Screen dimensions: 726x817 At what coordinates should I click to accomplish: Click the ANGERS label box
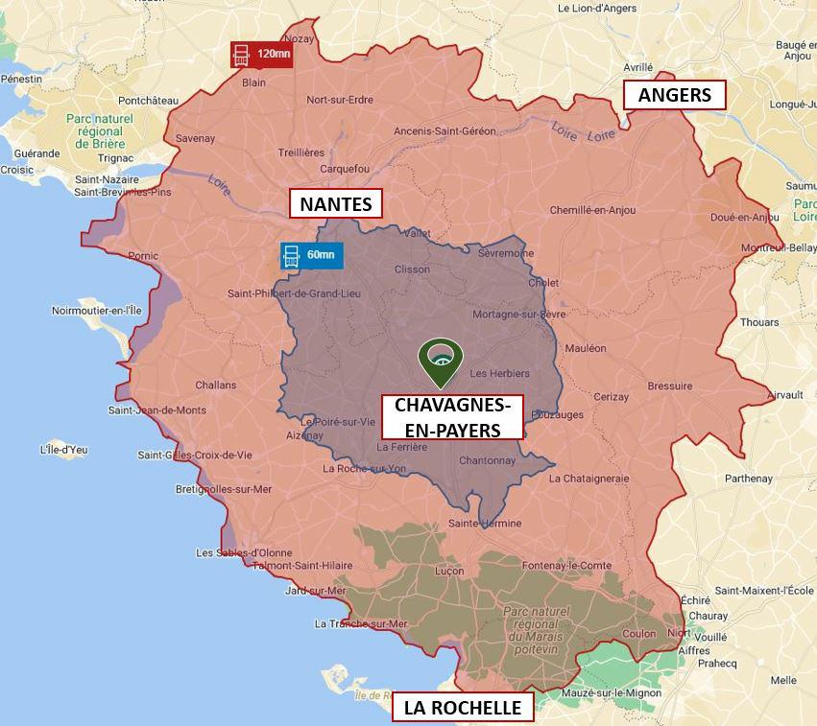coord(674,95)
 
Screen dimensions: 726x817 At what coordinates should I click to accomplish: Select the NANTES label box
coord(335,203)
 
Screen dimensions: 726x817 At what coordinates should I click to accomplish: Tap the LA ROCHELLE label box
coord(463,708)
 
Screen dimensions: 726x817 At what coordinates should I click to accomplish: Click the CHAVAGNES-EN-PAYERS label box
coord(452,417)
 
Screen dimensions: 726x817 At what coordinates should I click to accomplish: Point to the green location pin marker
coord(440,360)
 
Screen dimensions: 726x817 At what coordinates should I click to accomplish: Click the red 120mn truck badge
coord(261,55)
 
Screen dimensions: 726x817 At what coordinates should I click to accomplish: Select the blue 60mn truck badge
coord(310,255)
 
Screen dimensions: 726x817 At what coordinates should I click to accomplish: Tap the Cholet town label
coord(543,283)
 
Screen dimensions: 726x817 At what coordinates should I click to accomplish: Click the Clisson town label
coord(412,269)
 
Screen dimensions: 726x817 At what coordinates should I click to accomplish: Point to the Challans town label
coord(215,385)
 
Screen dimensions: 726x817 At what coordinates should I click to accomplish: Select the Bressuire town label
coord(669,386)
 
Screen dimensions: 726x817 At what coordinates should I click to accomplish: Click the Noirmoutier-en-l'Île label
coord(96,311)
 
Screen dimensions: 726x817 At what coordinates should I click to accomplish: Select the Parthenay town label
coord(748,479)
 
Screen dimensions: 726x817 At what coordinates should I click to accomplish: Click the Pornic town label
coord(142,256)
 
